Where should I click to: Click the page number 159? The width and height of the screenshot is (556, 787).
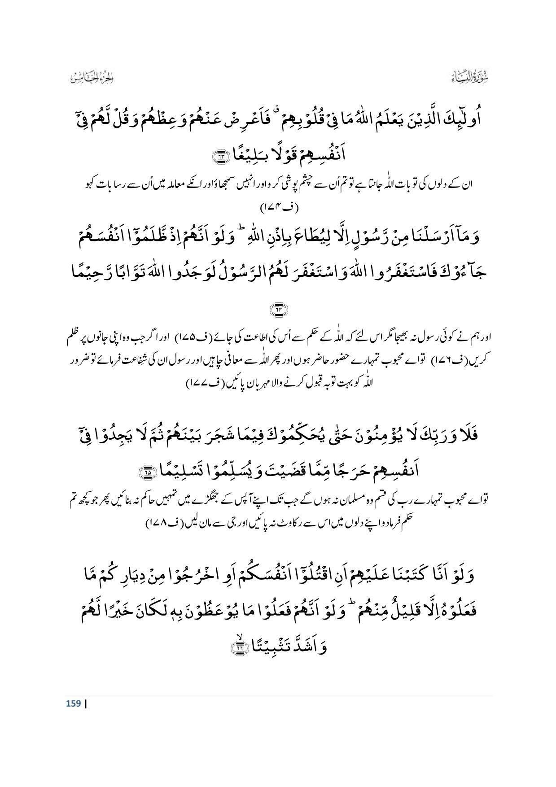pyautogui.click(x=73, y=704)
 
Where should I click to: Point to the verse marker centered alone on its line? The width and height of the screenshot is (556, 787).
pyautogui.click(x=277, y=310)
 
